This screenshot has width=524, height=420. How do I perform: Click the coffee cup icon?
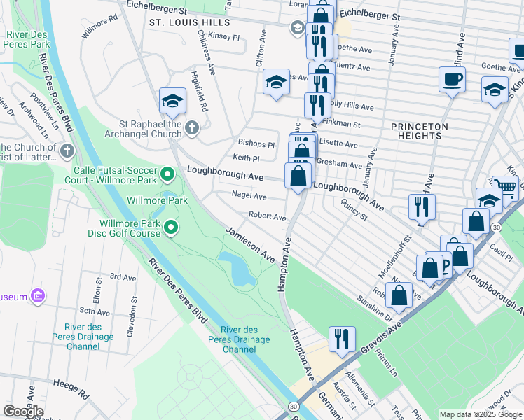(452, 78)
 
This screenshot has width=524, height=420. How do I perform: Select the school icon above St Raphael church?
(172, 101)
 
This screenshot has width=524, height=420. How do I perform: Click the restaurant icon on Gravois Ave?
(341, 339)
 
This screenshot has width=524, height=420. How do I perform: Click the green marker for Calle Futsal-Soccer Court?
(167, 173)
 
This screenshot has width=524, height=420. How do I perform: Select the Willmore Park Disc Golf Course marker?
(170, 227)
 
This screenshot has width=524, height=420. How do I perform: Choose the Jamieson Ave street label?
(249, 244)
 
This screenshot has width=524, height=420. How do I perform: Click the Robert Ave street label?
(266, 217)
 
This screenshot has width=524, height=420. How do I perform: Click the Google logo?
(23, 412)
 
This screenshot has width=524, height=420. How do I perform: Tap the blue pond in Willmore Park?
(237, 269)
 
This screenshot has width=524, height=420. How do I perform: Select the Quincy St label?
(354, 209)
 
